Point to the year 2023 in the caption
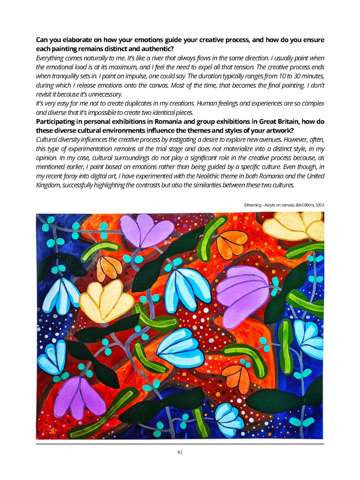[x=319, y=205]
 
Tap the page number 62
[x=180, y=452]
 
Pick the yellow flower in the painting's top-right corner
[x=293, y=228]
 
